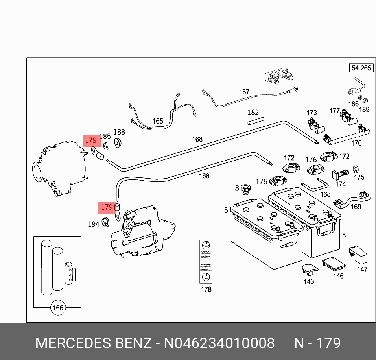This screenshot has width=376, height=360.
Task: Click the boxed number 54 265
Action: (361, 68)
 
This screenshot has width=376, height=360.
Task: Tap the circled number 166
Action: (58, 308)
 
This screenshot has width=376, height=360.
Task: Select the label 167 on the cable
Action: (244, 92)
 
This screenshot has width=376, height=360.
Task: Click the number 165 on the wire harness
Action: (158, 121)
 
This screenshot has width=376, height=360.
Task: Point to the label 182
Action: (253, 113)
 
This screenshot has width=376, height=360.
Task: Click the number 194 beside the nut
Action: (93, 224)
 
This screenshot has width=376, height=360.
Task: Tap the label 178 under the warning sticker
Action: (206, 290)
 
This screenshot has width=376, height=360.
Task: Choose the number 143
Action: (309, 281)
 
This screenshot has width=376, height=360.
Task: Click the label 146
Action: (338, 276)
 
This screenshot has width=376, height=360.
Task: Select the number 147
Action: (362, 270)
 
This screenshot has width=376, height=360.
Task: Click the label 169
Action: (356, 207)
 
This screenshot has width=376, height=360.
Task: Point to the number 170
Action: (356, 143)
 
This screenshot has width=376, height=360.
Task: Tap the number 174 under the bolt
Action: (341, 184)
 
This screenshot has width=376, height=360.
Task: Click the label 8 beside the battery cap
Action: (237, 188)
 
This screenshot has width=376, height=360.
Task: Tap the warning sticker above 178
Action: (206, 262)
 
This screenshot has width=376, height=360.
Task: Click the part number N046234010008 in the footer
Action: (219, 343)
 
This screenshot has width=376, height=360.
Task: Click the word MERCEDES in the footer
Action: (73, 343)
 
